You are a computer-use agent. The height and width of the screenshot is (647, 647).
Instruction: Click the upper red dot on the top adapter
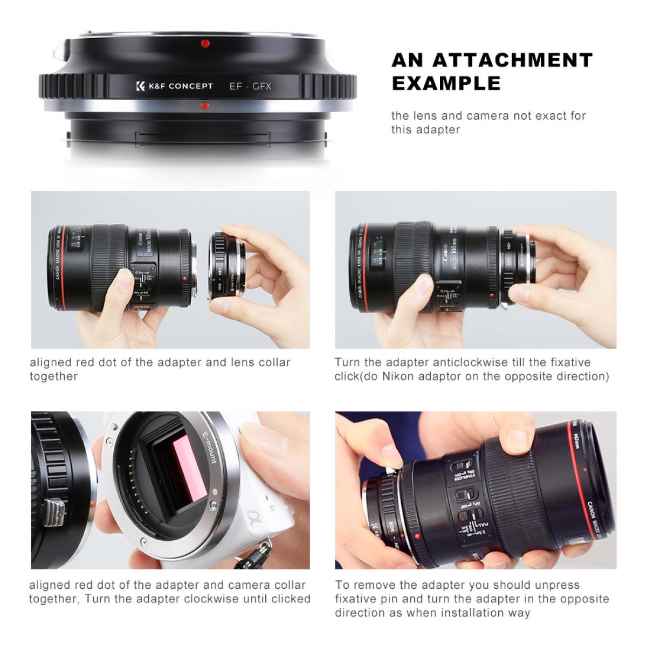point(204,44)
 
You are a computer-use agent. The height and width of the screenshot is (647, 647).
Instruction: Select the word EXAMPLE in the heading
point(446,84)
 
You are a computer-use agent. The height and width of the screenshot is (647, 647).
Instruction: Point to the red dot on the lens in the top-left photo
point(185,279)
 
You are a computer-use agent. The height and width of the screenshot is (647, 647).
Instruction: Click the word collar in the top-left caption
point(273,362)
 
